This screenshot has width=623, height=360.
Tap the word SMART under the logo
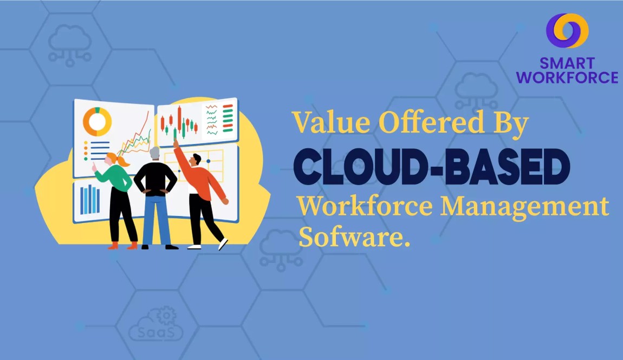tap(567, 63)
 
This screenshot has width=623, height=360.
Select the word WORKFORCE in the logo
tap(567, 77)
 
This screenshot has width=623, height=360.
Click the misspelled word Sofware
tap(354, 237)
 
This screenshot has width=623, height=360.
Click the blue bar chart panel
tap(90, 200)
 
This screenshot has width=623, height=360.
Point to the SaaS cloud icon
tap(156, 324)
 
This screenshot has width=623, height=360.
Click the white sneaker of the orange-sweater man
tap(223, 244)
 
